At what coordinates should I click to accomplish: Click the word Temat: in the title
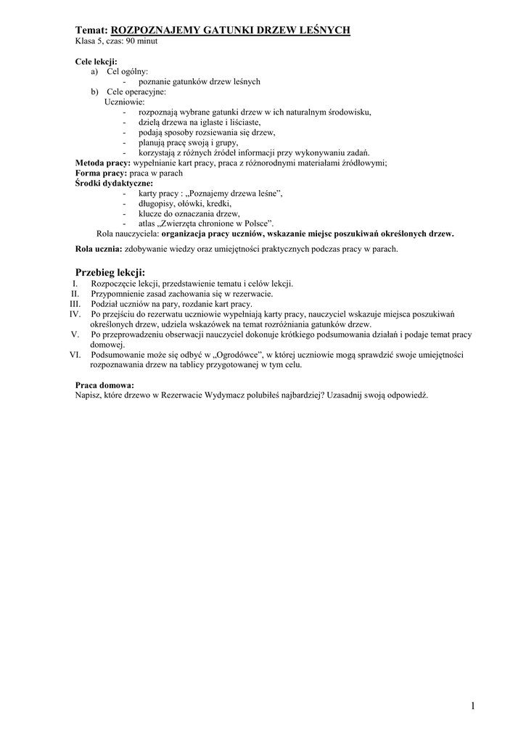[x=91, y=30]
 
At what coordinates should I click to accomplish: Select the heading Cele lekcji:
[x=96, y=62]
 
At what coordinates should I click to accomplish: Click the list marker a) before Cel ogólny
[x=94, y=72]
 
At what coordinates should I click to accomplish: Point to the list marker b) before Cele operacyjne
[x=94, y=92]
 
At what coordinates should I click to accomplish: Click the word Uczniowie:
[x=125, y=102]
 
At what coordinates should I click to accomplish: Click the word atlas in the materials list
[x=147, y=224]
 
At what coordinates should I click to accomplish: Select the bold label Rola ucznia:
[x=99, y=249]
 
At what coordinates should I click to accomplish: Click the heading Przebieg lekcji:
[x=110, y=271]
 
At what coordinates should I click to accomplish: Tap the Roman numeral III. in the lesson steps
[x=74, y=303]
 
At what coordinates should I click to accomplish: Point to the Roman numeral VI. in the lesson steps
[x=74, y=354]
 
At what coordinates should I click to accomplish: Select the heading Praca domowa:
[x=104, y=385]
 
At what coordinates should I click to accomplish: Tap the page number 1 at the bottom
[x=472, y=705]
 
